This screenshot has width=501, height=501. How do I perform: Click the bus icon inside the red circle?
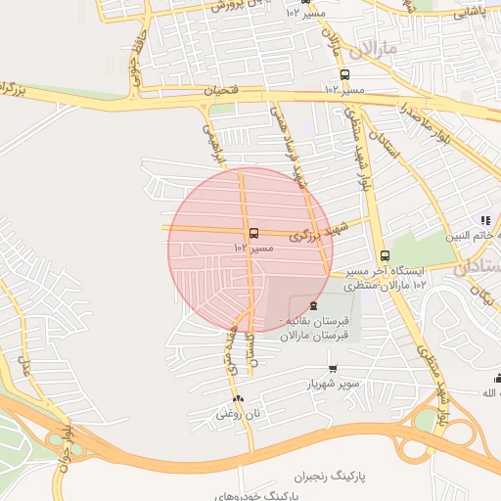click(254, 233)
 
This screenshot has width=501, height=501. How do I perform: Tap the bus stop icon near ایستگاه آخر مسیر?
click(385, 255)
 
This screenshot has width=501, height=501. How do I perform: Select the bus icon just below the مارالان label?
click(343, 74)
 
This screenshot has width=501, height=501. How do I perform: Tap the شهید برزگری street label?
click(319, 234)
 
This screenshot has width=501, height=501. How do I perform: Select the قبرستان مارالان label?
click(309, 336)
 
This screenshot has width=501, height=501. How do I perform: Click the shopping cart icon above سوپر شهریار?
click(333, 369)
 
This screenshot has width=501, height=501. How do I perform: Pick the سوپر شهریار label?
click(332, 384)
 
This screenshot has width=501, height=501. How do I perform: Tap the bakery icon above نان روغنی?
click(239, 398)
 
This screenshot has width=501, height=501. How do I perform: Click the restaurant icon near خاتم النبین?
click(484, 220)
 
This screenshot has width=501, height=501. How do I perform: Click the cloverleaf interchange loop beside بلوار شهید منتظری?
click(426, 420)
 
